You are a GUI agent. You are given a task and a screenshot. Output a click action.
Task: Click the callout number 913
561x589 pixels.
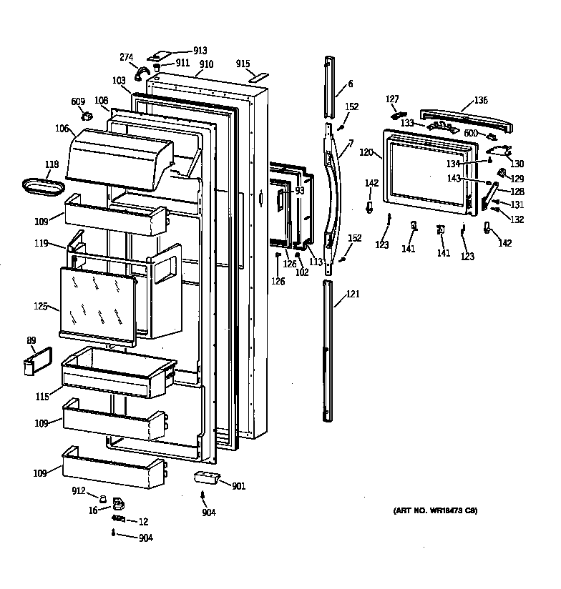200,51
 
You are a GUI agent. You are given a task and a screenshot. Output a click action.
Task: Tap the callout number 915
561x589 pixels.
243,64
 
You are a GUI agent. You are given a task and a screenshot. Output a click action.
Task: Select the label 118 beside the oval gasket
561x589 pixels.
52,165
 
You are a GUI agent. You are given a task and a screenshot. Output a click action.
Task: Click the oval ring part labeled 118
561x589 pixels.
42,186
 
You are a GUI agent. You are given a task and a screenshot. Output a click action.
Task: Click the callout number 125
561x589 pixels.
41,307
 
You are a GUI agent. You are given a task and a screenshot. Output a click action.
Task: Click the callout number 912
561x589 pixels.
79,490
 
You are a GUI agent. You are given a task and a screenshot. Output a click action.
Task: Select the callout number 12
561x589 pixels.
143,521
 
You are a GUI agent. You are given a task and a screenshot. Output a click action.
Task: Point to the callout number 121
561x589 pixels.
353,294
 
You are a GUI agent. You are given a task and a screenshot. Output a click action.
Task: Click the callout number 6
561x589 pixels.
351,84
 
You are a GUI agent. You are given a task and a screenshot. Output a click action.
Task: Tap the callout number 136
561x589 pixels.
481,100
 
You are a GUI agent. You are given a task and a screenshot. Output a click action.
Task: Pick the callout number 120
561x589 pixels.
366,152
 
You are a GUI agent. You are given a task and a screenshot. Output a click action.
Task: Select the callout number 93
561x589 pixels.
299,191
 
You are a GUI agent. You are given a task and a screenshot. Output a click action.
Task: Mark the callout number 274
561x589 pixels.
126,56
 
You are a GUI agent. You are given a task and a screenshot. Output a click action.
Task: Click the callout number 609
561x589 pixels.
78,102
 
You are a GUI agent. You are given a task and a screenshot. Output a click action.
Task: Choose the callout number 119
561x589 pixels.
41,244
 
